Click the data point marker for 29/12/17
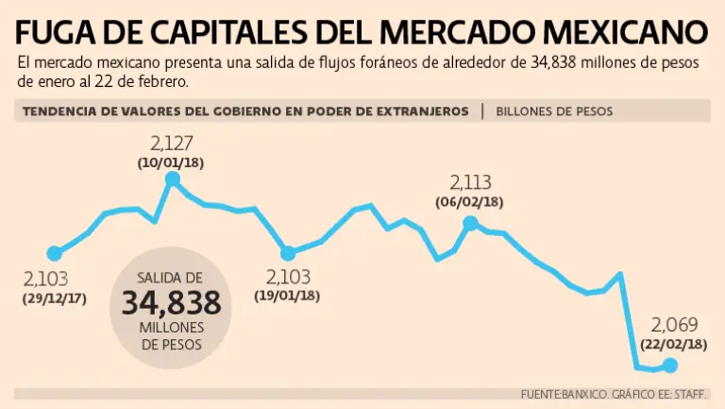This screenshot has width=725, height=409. [x=55, y=253]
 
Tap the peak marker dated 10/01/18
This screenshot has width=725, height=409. [x=172, y=179]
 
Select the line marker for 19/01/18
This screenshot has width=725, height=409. [x=289, y=253]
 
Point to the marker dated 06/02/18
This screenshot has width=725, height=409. [x=470, y=223]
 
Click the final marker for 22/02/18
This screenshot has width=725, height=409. [x=670, y=366]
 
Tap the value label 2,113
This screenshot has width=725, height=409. [x=470, y=183]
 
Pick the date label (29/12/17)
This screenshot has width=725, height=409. [x=54, y=298]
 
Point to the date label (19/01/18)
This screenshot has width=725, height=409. [x=288, y=296]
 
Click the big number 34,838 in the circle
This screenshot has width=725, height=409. [x=171, y=303]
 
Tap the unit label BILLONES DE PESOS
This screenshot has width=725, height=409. [x=553, y=111]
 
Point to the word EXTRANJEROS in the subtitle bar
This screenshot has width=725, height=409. [x=421, y=111]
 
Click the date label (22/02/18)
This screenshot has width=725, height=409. [x=673, y=345]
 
